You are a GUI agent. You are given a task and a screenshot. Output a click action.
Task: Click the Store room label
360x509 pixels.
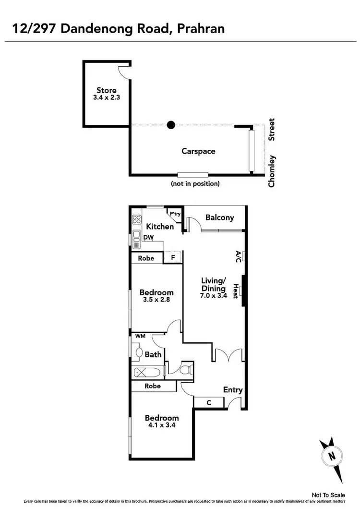click(107, 90)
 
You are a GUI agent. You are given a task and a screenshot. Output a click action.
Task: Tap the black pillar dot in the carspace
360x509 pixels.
click(170, 125)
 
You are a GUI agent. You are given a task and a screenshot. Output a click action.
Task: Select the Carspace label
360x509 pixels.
click(198, 151)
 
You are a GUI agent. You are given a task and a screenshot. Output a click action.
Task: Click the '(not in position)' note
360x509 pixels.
click(195, 183)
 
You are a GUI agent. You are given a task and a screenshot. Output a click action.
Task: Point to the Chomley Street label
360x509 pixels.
click(272, 153)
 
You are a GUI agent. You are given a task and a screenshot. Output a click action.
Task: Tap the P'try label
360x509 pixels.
click(175, 214)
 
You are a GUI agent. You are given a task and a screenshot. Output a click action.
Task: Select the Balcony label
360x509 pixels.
click(219, 218)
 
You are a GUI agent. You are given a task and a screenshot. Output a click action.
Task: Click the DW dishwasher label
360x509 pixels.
click(148, 237)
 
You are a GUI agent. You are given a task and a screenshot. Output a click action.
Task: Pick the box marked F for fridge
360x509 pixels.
click(173, 258)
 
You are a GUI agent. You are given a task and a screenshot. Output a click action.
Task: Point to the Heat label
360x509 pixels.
click(236, 291)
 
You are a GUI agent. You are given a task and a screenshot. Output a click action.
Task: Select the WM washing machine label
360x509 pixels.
click(141, 337)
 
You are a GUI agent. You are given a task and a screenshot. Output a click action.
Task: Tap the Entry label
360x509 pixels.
click(233, 390)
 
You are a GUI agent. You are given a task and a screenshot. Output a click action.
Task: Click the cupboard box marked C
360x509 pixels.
click(209, 402)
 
